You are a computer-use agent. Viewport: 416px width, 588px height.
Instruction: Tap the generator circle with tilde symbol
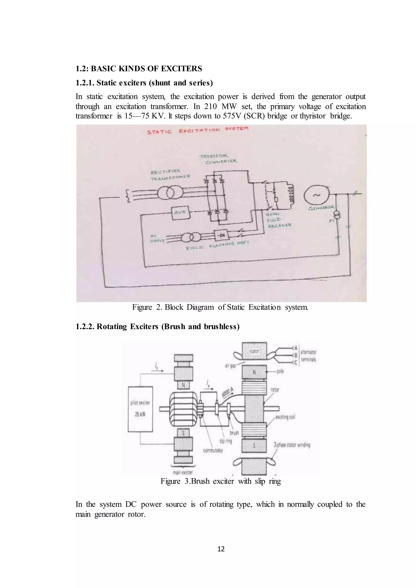coord(316,195)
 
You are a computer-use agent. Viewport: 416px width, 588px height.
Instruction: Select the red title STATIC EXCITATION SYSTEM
coord(197,130)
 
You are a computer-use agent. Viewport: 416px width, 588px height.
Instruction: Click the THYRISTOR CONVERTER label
coord(218,159)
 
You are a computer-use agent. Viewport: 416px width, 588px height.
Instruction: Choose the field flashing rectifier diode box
coord(221,235)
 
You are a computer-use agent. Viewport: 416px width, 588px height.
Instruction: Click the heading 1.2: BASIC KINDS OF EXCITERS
coord(139,69)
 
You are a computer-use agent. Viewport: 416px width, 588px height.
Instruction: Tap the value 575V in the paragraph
coord(232,116)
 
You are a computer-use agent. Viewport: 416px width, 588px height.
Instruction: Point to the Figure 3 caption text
coord(221,481)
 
